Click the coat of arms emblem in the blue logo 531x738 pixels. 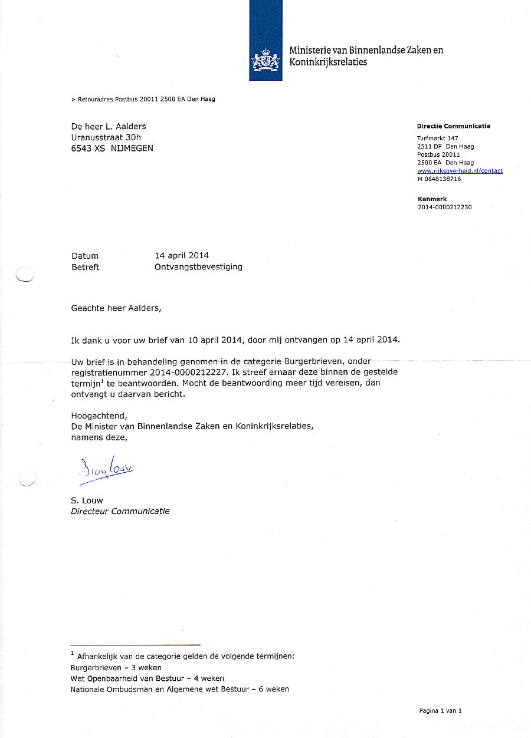coord(265,60)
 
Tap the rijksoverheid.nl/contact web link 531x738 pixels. coord(460,171)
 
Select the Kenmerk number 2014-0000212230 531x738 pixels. coord(444,207)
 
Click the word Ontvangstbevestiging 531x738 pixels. coord(198,267)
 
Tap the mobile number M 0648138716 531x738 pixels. coord(439,179)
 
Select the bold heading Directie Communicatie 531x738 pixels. coord(453,126)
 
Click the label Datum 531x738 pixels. coord(85,256)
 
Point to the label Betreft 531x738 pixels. coord(85,267)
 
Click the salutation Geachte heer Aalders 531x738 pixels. coord(116,308)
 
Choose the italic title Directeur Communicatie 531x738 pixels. coord(120,512)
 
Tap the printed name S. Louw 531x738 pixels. coord(87,500)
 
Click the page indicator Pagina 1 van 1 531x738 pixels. coord(440,711)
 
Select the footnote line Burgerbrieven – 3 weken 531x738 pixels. coord(116,668)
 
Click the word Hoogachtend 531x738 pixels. coord(99,416)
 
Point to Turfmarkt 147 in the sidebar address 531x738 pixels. coord(437,139)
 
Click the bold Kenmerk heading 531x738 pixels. coord(432,199)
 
